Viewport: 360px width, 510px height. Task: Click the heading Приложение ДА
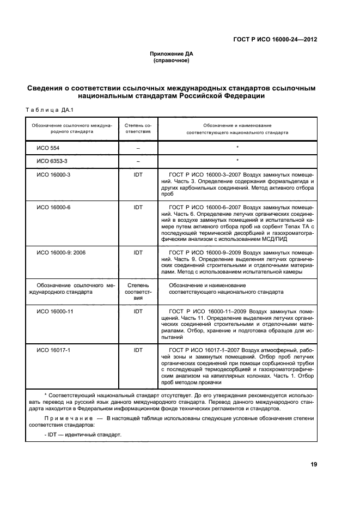[x=172, y=53]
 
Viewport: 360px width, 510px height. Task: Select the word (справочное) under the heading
[x=172, y=60]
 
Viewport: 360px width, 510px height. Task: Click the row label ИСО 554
[x=48, y=148]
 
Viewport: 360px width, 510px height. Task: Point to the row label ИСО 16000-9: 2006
[x=60, y=253]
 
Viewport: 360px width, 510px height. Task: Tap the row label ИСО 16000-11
[x=54, y=311]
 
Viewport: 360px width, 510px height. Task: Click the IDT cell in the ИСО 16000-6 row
[x=138, y=207]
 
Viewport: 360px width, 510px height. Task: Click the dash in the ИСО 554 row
[x=138, y=148]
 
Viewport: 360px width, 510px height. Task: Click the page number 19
[x=314, y=464]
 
